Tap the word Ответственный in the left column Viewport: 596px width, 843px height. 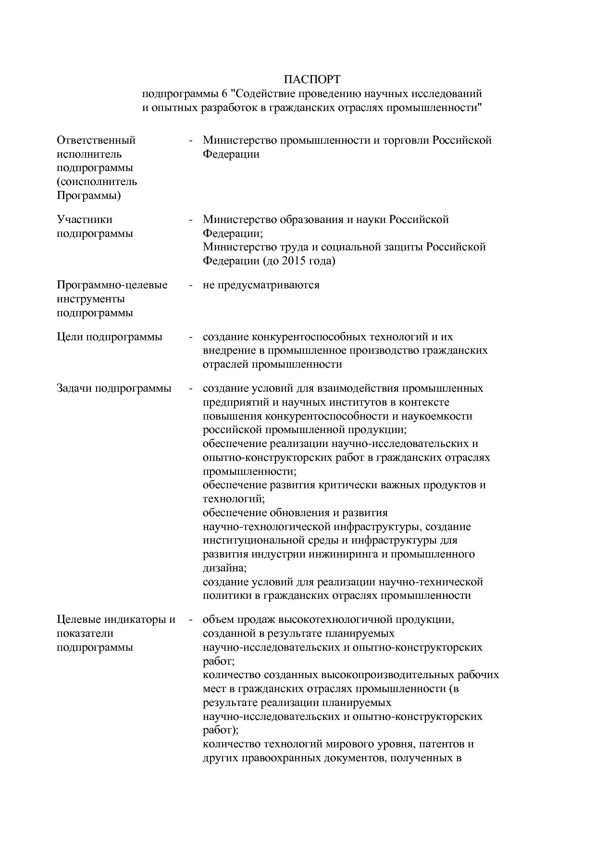[x=96, y=140]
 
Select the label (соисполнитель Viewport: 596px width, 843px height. [x=97, y=182]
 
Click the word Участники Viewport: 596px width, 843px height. [x=85, y=220]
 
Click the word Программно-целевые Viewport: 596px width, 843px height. [x=112, y=285]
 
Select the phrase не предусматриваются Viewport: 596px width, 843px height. [x=261, y=285]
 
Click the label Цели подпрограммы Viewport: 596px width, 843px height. [x=110, y=337]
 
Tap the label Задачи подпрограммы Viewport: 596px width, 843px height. [x=114, y=388]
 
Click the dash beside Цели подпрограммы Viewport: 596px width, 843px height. [x=191, y=337]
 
